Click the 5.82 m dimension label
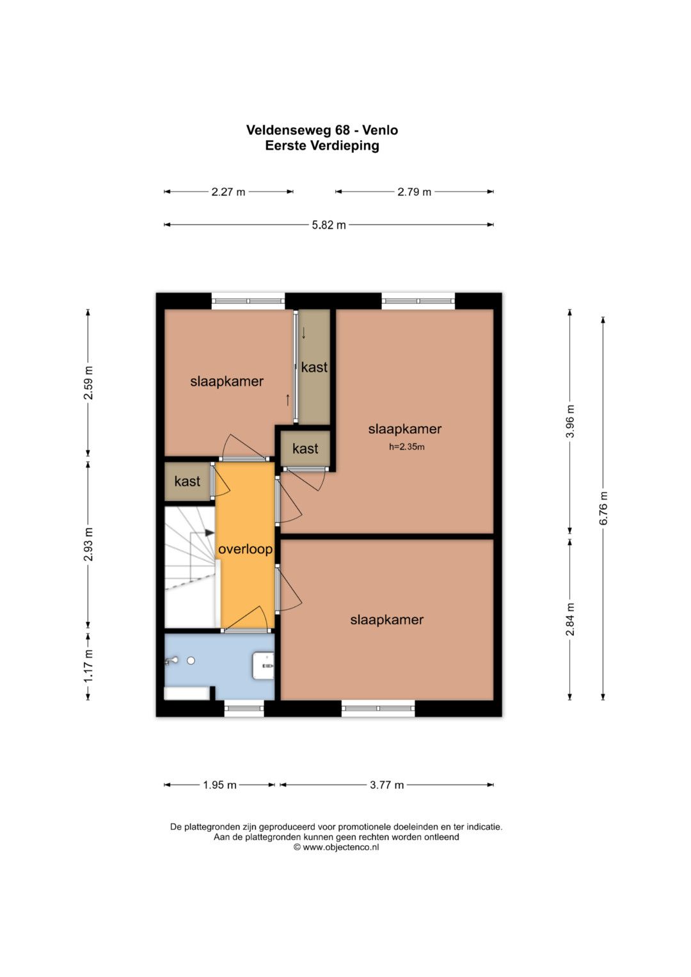click(x=328, y=225)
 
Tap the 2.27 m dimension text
click(x=228, y=192)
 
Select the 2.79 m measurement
click(x=414, y=192)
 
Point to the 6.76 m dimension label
click(x=603, y=508)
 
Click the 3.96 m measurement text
click(x=570, y=422)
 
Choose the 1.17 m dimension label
click(x=88, y=665)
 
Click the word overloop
click(x=245, y=549)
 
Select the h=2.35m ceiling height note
click(x=406, y=447)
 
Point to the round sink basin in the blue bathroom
click(x=191, y=661)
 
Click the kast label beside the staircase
click(x=187, y=481)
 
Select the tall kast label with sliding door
click(x=314, y=367)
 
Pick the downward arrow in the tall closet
click(x=304, y=333)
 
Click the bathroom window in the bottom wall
click(x=244, y=708)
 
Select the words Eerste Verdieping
click(x=322, y=146)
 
